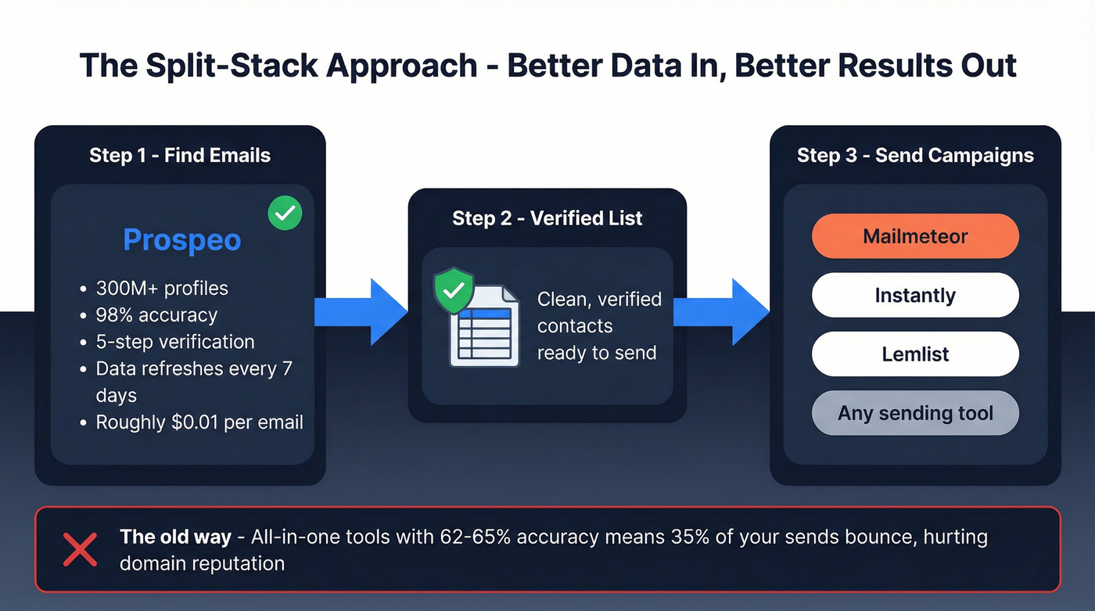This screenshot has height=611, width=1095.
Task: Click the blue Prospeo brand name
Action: pyautogui.click(x=181, y=240)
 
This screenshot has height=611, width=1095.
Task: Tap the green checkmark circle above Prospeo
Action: pyautogui.click(x=285, y=214)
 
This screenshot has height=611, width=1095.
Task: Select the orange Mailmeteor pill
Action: pyautogui.click(x=915, y=236)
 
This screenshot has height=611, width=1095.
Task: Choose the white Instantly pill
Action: pyautogui.click(x=915, y=296)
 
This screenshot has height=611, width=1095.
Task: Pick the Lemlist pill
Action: pyautogui.click(x=915, y=354)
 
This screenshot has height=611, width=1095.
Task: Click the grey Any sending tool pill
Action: pyautogui.click(x=915, y=413)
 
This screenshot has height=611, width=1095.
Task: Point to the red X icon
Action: pyautogui.click(x=80, y=549)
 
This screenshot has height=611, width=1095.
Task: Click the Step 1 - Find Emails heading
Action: pyautogui.click(x=180, y=155)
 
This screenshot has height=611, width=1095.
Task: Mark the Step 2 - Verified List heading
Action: pyautogui.click(x=547, y=218)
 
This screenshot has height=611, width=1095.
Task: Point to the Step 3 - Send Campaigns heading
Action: pyautogui.click(x=915, y=155)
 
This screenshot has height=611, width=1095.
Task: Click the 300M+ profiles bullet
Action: pyautogui.click(x=162, y=288)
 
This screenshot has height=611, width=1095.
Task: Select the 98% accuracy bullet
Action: pyautogui.click(x=156, y=315)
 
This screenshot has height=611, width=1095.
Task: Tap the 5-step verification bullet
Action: pyautogui.click(x=175, y=342)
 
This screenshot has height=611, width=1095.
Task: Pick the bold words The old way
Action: pyautogui.click(x=175, y=537)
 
